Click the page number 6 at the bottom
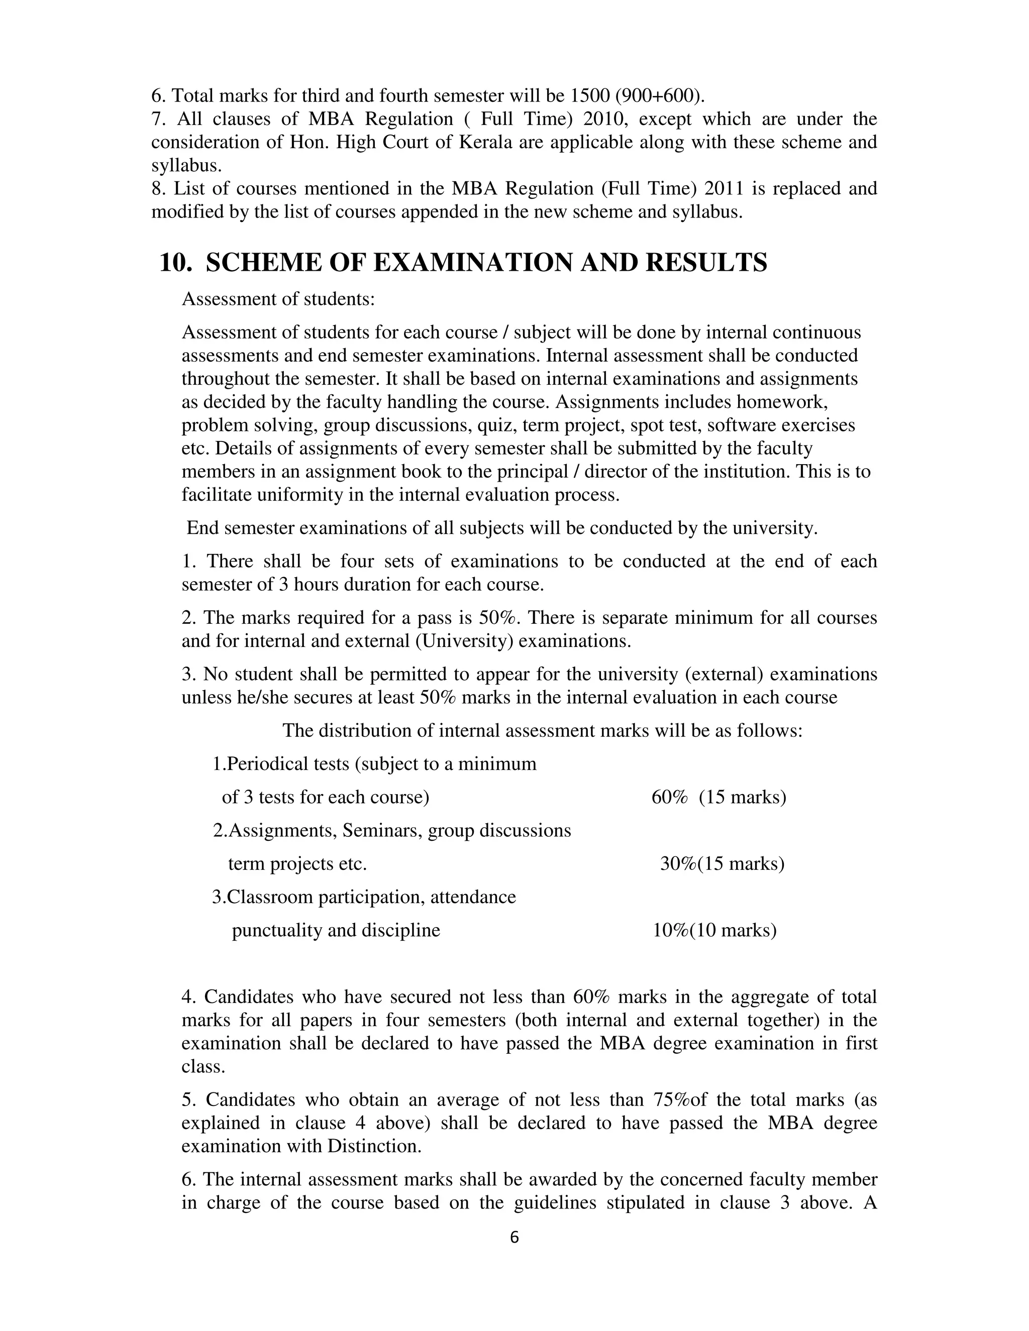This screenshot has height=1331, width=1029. tap(514, 1237)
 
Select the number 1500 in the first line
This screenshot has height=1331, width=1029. tap(589, 95)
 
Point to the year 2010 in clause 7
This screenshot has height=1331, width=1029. tap(601, 119)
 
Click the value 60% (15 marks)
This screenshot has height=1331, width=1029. tap(718, 797)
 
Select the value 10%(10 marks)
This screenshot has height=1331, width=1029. tap(714, 931)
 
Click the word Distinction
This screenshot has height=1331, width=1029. tap(374, 1146)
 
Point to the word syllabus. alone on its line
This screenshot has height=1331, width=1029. tap(186, 166)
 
